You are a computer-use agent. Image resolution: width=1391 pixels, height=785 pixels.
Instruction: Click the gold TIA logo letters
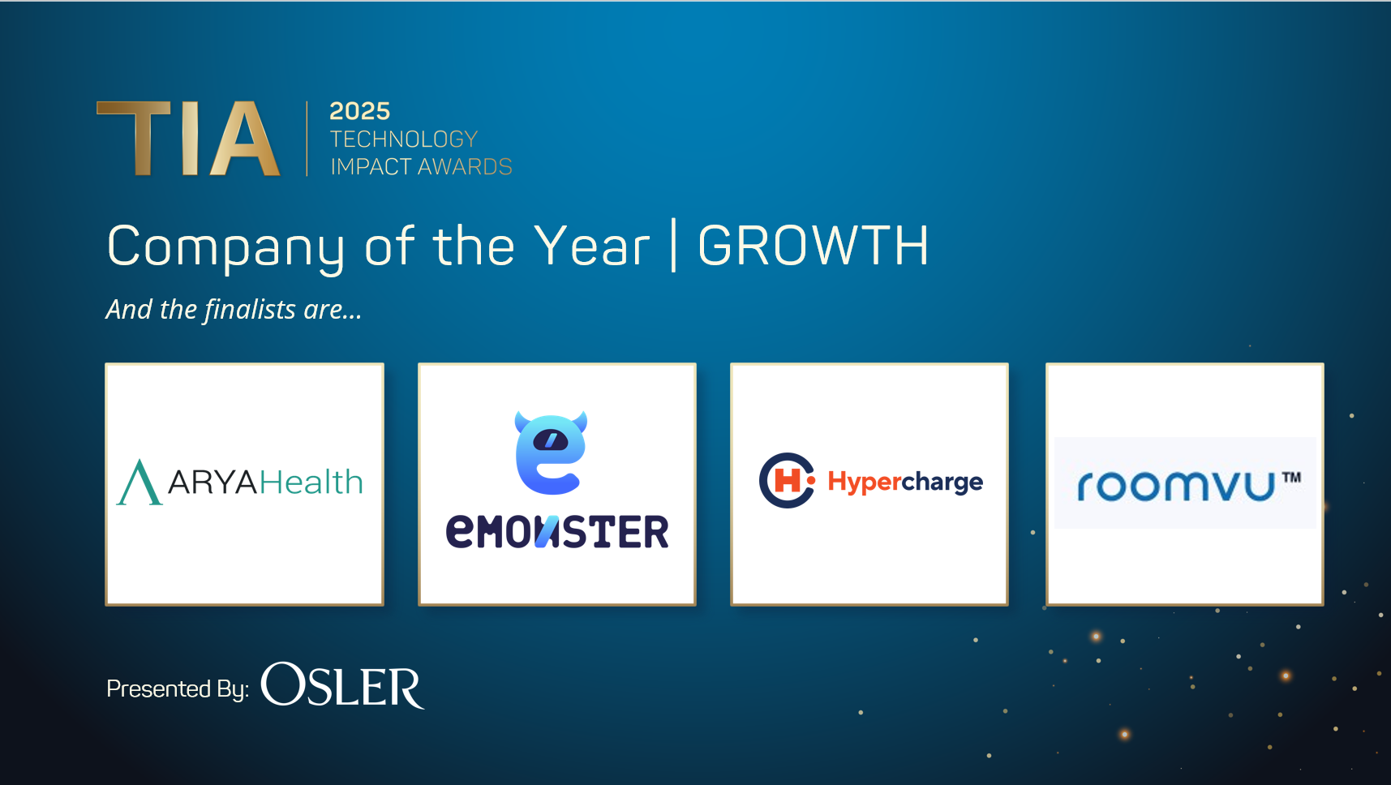[188, 138]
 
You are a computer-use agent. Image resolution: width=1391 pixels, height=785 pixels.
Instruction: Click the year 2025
[360, 111]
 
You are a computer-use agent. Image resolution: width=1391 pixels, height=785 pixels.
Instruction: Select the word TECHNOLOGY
[404, 139]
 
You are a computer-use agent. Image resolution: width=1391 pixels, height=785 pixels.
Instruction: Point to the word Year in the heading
[592, 246]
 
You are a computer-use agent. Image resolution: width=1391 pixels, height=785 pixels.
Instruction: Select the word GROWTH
[814, 246]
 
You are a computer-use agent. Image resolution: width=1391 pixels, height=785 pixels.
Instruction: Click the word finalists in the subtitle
[250, 309]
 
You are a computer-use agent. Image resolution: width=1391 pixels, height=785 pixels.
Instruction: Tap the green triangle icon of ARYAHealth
[140, 483]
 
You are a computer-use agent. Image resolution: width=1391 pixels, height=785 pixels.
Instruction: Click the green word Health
[311, 483]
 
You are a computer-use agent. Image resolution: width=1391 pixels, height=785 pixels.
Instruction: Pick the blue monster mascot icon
[552, 453]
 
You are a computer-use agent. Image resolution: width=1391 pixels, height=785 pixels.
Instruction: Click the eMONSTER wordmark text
[557, 532]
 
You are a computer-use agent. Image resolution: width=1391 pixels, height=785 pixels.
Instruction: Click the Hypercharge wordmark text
[905, 482]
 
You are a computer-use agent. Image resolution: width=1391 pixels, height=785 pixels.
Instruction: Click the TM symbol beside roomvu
[1291, 478]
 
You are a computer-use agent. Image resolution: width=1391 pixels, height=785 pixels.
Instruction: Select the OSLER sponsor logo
[342, 686]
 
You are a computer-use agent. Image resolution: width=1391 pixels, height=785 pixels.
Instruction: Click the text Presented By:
[178, 688]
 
